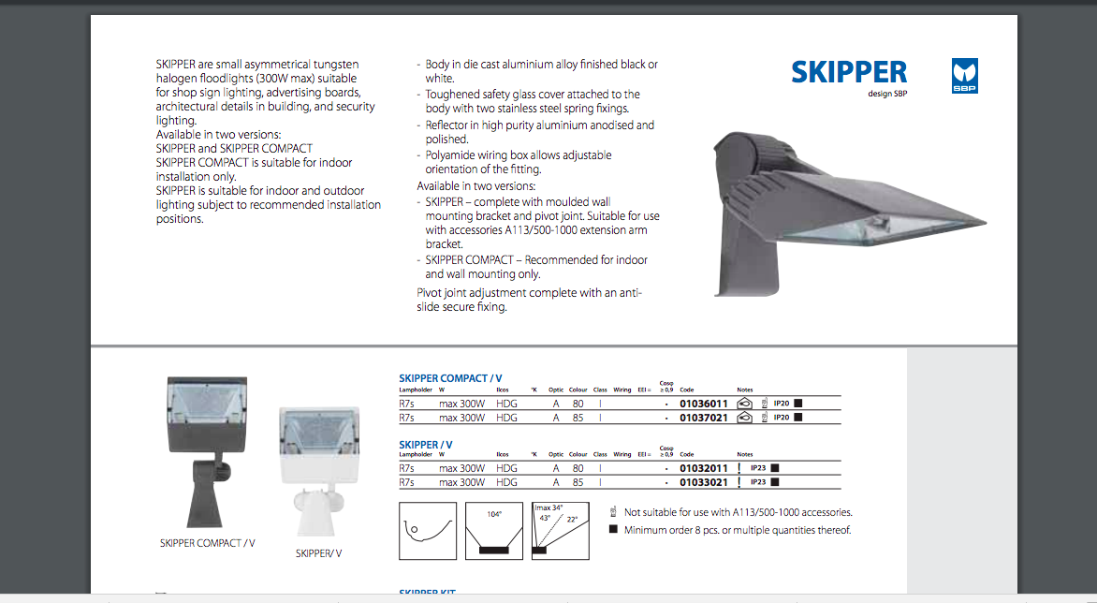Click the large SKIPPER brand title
coord(848,72)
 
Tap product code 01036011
coord(703,404)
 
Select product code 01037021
coord(703,418)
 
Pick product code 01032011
coord(703,468)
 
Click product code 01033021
coord(703,482)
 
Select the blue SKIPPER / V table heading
coord(426,445)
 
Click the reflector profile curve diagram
coord(428,531)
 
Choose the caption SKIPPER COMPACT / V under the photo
coord(207,543)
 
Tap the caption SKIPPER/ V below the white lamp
coord(319,553)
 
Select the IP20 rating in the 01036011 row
coord(782,404)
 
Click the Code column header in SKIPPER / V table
coord(687,454)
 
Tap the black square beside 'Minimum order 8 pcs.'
coord(614,530)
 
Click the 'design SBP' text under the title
coord(888,94)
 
